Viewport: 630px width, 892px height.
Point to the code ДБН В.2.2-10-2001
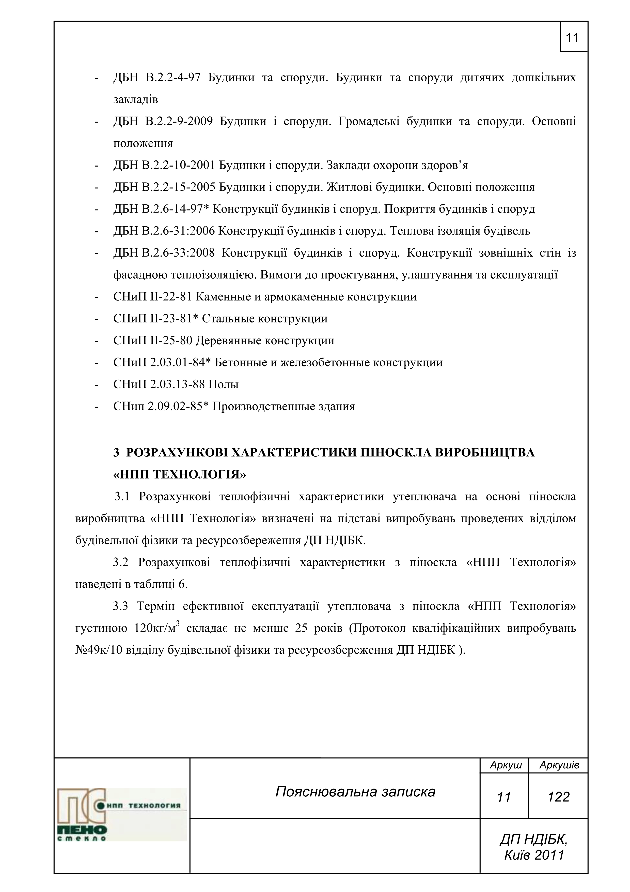164,166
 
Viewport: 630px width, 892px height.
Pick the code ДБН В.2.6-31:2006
164,231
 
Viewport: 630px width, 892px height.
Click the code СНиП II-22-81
153,297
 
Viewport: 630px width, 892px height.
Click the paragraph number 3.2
120,562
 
